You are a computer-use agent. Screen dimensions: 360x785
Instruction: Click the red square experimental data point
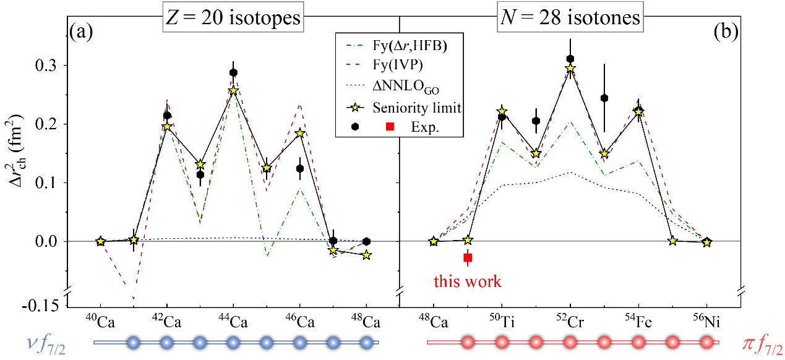pos(468,257)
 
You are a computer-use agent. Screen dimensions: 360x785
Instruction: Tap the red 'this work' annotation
pos(468,281)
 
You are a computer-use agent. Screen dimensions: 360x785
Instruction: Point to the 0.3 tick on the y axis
pos(49,65)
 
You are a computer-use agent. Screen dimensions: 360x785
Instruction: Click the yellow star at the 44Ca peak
pos(233,90)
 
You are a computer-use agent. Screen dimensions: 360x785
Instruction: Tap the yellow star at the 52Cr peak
pos(570,68)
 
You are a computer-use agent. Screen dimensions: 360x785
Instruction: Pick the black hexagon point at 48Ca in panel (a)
pos(367,241)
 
